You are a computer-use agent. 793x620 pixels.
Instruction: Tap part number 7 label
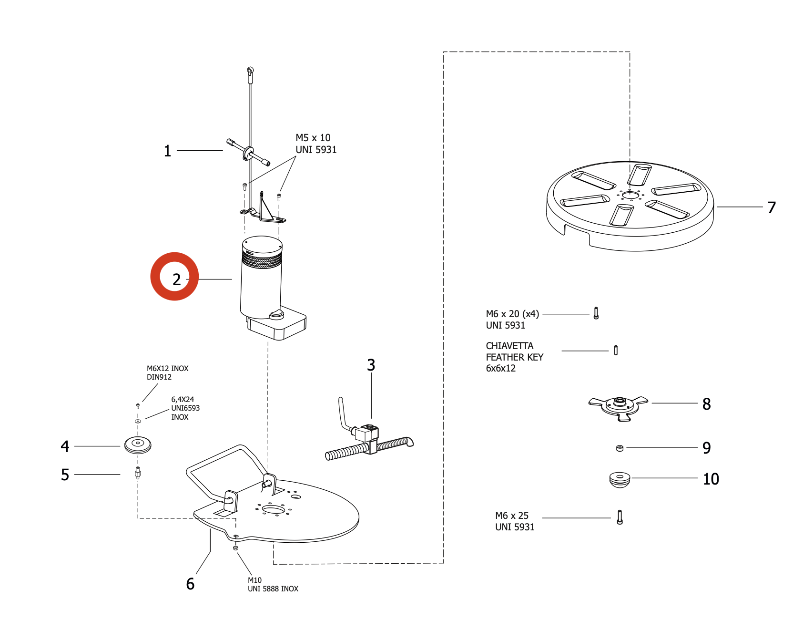pyautogui.click(x=772, y=207)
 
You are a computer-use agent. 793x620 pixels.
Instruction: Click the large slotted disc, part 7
pyautogui.click(x=630, y=206)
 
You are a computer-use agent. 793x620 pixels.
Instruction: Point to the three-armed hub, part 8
pyautogui.click(x=619, y=407)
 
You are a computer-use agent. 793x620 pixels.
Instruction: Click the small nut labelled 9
pyautogui.click(x=620, y=448)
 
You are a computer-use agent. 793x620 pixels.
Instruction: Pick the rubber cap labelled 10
pyautogui.click(x=620, y=479)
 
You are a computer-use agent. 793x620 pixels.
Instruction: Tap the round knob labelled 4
pyautogui.click(x=138, y=445)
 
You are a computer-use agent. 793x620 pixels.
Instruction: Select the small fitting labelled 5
pyautogui.click(x=138, y=473)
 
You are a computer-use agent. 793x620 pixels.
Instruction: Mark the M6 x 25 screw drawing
pyautogui.click(x=620, y=517)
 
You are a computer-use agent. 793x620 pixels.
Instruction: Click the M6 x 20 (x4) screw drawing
pyautogui.click(x=596, y=313)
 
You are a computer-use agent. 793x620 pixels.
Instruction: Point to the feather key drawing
pyautogui.click(x=616, y=351)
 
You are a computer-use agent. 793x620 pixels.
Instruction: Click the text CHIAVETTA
pyautogui.click(x=509, y=346)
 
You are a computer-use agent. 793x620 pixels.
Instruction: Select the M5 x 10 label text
pyautogui.click(x=313, y=138)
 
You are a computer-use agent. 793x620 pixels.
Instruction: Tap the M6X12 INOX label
pyautogui.click(x=168, y=369)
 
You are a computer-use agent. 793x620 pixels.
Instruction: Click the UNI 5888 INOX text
pyautogui.click(x=273, y=589)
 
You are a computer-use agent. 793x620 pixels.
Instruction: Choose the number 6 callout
pyautogui.click(x=190, y=584)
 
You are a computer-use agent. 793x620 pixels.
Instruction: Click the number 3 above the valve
pyautogui.click(x=371, y=365)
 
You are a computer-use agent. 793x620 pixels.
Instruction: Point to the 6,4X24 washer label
pyautogui.click(x=183, y=400)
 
